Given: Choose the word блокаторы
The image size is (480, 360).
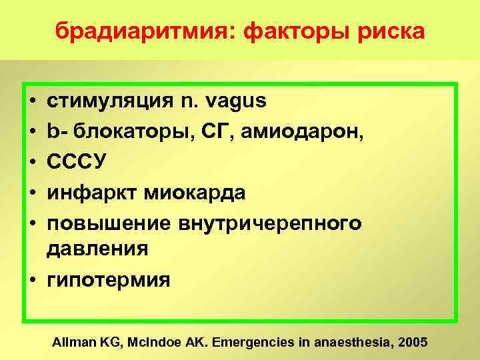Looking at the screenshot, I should coord(120,131).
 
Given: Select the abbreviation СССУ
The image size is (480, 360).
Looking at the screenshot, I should coord(71,161).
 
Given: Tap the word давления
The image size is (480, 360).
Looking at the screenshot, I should coord(97,250).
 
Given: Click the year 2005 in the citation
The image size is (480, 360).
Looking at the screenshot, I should coord(413,342).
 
